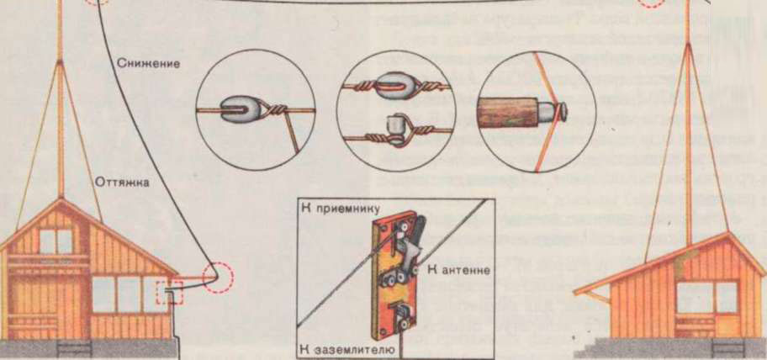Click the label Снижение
pos(148,64)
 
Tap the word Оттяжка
pos(122,183)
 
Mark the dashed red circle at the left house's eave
pos(218,278)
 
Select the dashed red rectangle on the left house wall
pos(169,292)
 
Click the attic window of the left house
pos(56,241)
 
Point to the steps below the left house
pos(74,349)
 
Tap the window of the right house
pos(706,297)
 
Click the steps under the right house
pos(729,349)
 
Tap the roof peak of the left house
pos(61,199)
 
